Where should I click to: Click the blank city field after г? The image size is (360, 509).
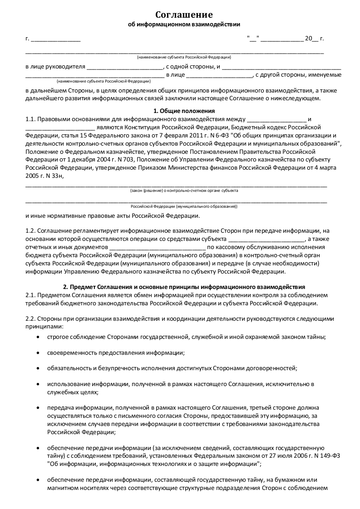coord(55,39)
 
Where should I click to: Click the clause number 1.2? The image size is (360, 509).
coord(30,231)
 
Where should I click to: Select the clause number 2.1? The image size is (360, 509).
coord(30,295)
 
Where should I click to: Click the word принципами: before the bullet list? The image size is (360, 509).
coord(44,327)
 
